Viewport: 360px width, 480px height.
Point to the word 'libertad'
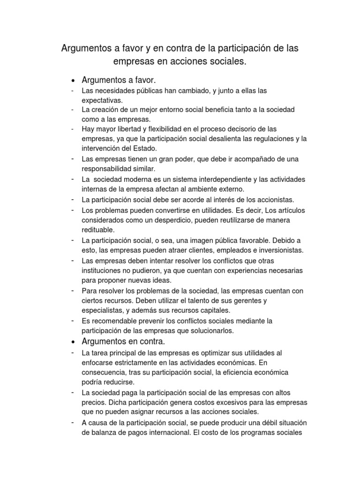[129, 128]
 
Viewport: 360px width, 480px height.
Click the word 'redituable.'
[98, 230]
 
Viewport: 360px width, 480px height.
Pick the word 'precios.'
[94, 402]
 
